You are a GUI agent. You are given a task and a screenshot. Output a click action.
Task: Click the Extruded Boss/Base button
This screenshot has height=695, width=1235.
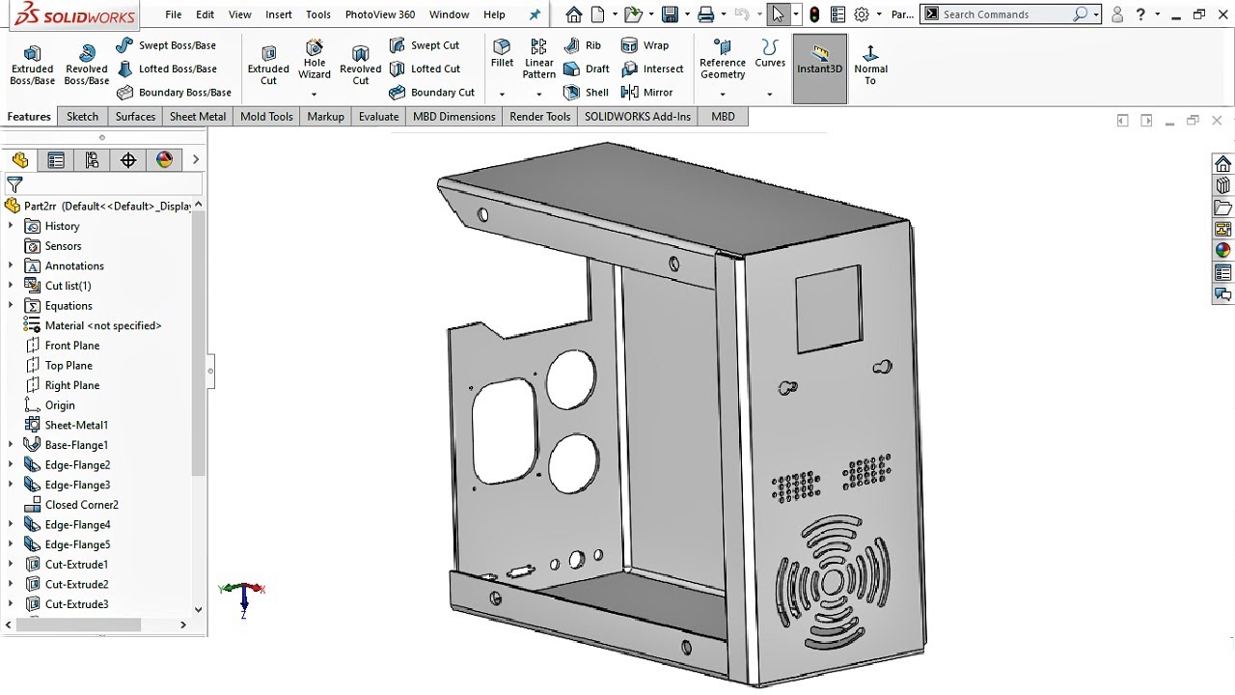coord(32,64)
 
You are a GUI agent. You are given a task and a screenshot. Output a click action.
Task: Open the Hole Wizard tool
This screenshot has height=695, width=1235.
coord(314,60)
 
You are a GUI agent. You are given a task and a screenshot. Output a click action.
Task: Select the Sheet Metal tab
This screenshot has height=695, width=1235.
coord(197,117)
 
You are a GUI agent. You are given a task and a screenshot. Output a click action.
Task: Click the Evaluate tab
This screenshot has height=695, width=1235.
coord(378,117)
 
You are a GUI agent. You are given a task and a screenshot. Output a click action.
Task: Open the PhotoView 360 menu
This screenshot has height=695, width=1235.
coord(379,14)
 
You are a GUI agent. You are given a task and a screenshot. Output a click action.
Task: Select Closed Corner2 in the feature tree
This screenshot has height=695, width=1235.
coord(81,505)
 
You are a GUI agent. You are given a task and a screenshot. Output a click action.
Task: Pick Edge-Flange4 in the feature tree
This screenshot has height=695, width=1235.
coord(77,525)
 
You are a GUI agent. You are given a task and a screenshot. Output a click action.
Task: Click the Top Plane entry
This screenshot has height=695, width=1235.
coord(69,366)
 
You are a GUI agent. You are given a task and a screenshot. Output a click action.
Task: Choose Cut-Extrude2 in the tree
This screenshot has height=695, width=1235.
coord(76,585)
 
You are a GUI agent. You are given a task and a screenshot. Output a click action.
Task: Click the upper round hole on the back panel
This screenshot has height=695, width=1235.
coord(570,378)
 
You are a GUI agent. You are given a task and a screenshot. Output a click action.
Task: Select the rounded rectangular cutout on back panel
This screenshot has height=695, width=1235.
coord(504,430)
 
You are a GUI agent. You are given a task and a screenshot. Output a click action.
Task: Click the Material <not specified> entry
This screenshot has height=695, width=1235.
coord(102,326)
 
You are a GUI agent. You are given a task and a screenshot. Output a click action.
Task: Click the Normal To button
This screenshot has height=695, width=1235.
coord(870,64)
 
